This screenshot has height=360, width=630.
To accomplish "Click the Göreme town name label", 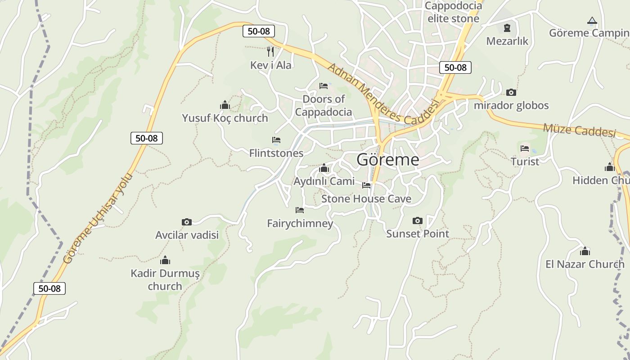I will [x=387, y=160].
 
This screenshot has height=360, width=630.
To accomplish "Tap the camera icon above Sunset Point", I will [x=418, y=220].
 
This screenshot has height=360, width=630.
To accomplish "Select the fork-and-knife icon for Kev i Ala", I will [x=270, y=51].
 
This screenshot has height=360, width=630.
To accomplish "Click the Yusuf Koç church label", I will [x=225, y=118].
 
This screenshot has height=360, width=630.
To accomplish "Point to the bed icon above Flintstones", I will [x=276, y=140].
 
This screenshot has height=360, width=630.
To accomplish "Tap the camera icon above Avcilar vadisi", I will [x=187, y=222].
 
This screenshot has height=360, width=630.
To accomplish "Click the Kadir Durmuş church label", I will [x=165, y=279].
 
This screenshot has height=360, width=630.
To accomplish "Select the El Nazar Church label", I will [x=585, y=264].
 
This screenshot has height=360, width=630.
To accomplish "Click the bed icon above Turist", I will [x=525, y=148].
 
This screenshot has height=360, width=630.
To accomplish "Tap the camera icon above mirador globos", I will [x=511, y=92].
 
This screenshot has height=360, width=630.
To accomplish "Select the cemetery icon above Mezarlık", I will [x=507, y=28].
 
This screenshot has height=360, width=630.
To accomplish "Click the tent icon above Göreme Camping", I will [x=592, y=20].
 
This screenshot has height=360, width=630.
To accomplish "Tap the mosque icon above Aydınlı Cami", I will [x=324, y=168].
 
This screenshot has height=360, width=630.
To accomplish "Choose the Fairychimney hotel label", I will [x=300, y=223].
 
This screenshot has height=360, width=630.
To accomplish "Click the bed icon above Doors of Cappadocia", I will [x=324, y=85].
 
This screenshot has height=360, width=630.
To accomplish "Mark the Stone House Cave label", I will [x=366, y=198].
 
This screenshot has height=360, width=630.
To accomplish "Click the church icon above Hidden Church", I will [x=610, y=167].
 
